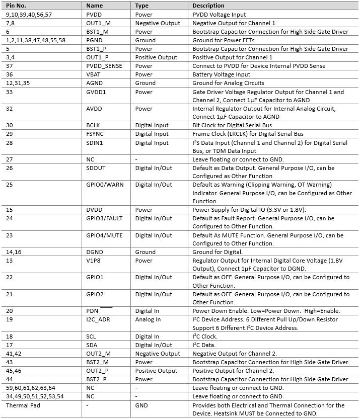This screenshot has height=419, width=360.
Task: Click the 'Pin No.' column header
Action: coord(17,6)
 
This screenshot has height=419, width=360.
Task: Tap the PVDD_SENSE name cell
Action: coord(104,66)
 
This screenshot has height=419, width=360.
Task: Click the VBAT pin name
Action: coord(94,74)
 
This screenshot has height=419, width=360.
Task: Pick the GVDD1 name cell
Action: coord(96,92)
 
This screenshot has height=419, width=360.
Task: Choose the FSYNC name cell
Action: coord(96,134)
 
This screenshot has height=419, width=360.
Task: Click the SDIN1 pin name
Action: coord(96,143)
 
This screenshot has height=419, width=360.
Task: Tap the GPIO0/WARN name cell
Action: coord(105,185)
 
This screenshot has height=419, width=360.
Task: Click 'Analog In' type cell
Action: coord(148,319)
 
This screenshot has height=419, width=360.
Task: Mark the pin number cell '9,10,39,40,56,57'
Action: coord(29,15)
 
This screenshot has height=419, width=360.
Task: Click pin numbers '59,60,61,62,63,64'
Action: coord(31,388)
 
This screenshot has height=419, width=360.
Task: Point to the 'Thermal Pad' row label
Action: coord(23,405)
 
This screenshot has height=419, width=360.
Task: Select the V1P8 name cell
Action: coord(94,261)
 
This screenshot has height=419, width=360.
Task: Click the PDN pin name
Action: coord(92,311)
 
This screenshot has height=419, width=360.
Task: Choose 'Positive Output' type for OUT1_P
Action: coord(156,57)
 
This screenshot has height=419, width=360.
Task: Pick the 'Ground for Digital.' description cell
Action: coord(218,252)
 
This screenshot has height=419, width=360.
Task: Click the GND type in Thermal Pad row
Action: coord(142,405)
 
